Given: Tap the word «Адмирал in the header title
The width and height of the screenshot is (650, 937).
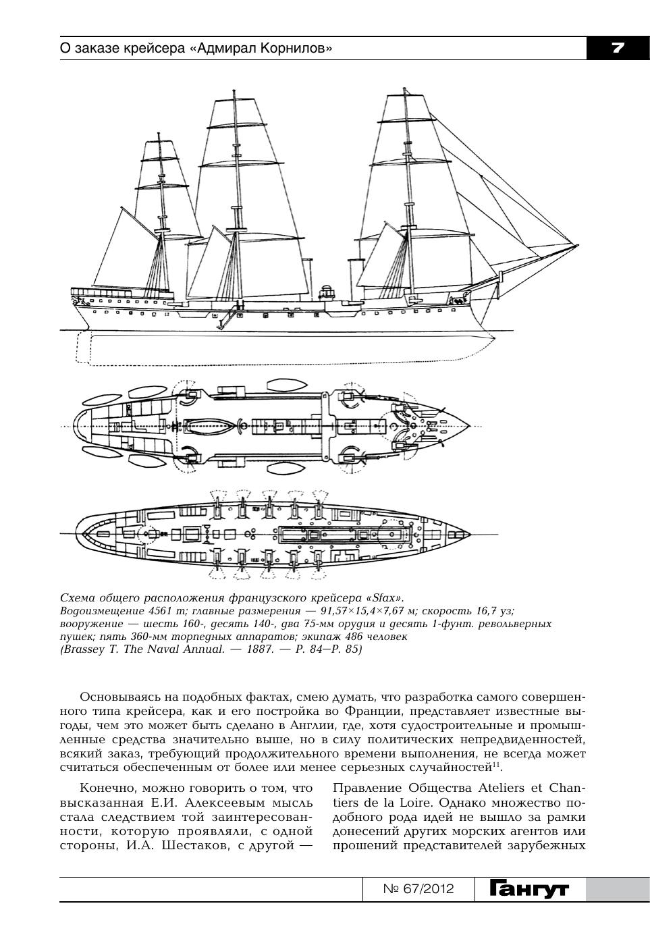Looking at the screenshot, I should pos(221,49).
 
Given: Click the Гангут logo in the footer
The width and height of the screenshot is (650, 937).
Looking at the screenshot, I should pos(529,889).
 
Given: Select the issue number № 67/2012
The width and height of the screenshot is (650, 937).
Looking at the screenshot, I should pos(418,889).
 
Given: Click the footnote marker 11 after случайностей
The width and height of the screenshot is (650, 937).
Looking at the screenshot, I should pos(496,765).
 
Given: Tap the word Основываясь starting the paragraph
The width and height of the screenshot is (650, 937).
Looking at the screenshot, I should pos(115,697).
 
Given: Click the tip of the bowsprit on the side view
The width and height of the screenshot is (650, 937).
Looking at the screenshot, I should pos(578,244).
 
